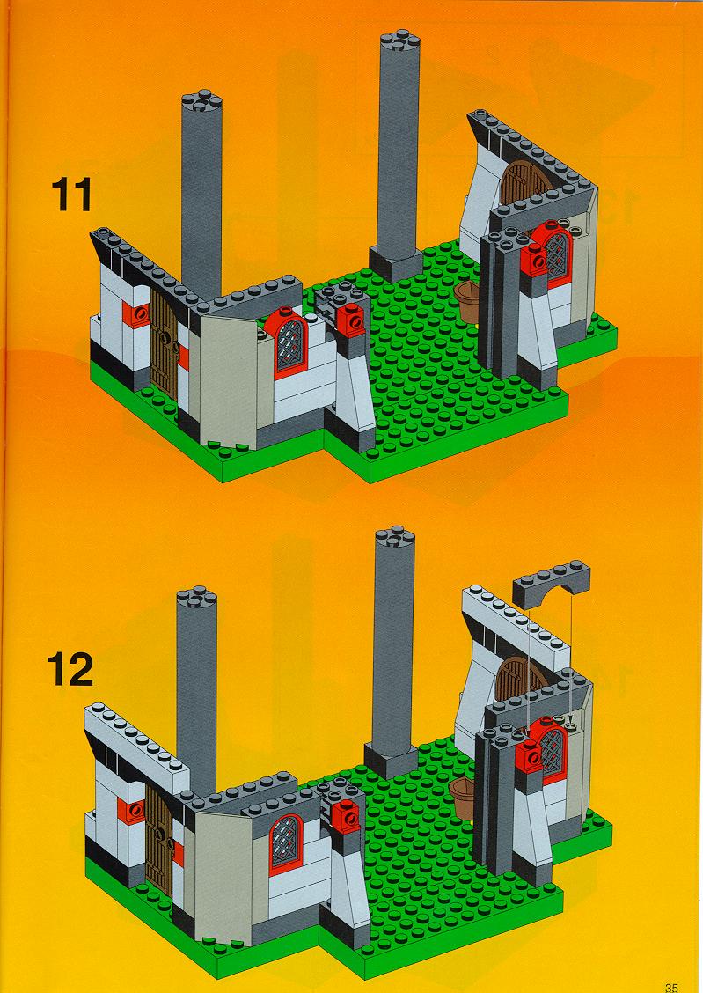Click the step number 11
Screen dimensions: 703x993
71,195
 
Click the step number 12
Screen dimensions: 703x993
70,669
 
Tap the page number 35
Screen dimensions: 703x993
671,987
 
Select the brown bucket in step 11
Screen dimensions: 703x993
468,301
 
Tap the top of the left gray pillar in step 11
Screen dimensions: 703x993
201,102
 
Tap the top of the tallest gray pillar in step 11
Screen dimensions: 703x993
400,40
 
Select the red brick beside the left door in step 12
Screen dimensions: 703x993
132,811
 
